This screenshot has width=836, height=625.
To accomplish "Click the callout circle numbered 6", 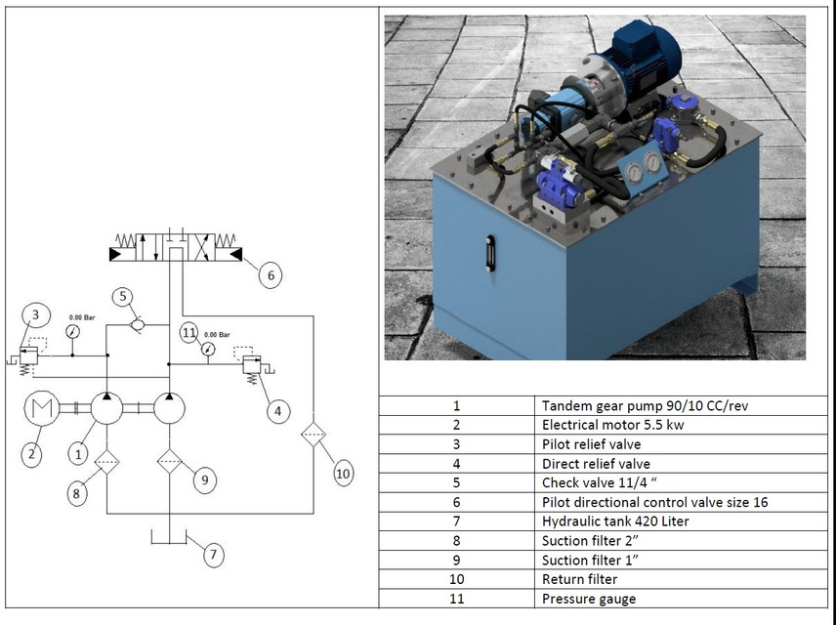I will (271, 275).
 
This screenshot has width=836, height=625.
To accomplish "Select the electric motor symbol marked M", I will (41, 409).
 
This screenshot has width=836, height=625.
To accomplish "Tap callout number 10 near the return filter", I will (342, 474).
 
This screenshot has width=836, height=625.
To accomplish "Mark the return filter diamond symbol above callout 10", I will (313, 434).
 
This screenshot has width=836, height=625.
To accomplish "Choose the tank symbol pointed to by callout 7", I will (169, 538).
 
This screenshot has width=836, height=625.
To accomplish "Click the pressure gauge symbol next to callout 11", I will (207, 349).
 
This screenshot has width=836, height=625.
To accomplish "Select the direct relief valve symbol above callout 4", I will (254, 366).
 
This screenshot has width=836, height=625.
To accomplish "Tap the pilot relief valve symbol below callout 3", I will (29, 355).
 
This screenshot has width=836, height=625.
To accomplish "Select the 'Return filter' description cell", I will (580, 579).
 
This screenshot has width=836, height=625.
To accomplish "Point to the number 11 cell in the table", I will (456, 599).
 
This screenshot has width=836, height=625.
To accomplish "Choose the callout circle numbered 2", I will (31, 453).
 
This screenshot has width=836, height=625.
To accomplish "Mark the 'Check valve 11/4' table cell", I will (593, 482).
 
